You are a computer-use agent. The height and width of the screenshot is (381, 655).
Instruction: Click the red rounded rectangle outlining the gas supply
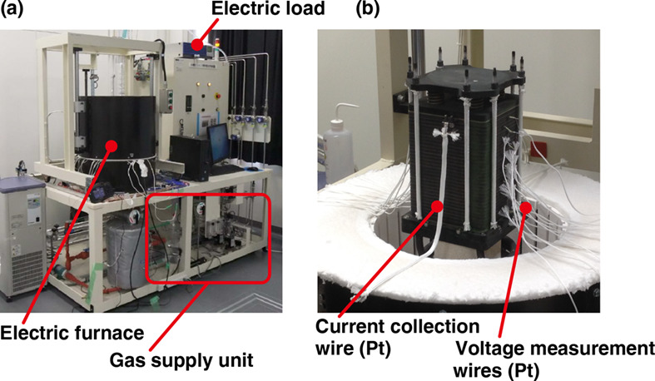(x=207, y=239)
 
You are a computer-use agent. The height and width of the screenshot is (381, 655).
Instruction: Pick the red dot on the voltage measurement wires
(x=525, y=202)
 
